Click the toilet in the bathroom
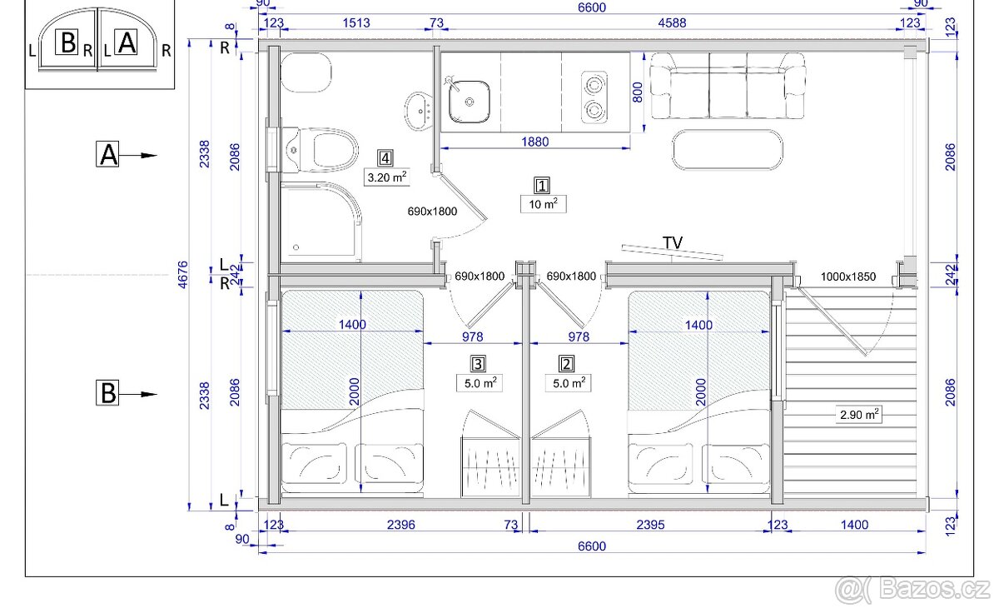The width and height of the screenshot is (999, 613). [321, 150]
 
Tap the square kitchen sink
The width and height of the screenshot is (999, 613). [469, 102]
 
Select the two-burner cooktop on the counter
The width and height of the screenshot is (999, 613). [594, 97]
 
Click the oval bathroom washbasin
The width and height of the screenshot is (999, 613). [418, 111]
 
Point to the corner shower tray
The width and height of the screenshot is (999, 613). [321, 222]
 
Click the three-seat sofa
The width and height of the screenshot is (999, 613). [728, 86]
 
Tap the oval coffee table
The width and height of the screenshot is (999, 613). [728, 150]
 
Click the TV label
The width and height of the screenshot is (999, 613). [673, 243]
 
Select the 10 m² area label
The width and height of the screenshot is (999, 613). [543, 204]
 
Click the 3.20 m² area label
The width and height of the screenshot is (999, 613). [386, 177]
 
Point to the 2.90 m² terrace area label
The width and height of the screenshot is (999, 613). [859, 415]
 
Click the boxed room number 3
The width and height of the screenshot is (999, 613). [478, 364]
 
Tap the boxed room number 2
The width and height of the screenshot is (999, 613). [566, 364]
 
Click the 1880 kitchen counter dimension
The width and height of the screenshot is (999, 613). [535, 142]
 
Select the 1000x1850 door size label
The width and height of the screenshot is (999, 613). [848, 277]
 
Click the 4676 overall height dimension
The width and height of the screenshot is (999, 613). [183, 275]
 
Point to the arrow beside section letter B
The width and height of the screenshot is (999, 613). [138, 395]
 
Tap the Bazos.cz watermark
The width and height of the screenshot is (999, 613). [912, 590]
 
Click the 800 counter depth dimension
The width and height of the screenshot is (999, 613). [638, 92]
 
